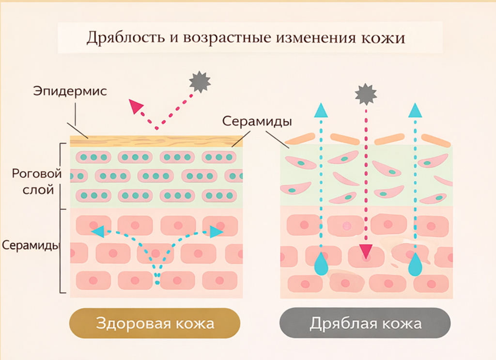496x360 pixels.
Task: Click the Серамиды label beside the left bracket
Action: coord(31,245)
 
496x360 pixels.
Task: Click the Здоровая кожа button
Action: coord(155,323)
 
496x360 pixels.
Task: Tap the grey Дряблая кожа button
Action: coord(365,323)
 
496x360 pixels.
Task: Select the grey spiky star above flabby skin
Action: coord(366,94)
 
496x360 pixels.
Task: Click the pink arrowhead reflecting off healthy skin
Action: coord(136,107)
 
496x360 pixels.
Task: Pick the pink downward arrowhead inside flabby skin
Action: coord(366,251)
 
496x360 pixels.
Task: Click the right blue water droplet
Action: coord(414,264)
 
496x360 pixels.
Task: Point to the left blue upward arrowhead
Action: coord(321,110)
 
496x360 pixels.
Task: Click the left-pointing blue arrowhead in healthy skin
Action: coord(99,231)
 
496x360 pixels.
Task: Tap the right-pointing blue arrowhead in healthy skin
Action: coord(216,232)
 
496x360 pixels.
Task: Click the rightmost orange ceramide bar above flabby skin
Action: coord(436,141)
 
